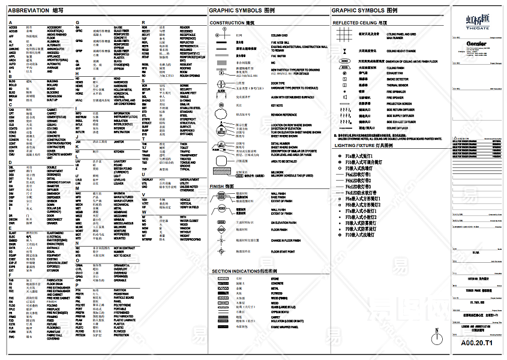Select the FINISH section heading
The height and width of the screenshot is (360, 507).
pos(222,187)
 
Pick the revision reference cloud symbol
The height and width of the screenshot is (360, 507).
pos(222,114)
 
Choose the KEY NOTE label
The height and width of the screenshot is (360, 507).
pos(277,105)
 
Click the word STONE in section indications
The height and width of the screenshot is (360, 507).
pos(275,278)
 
